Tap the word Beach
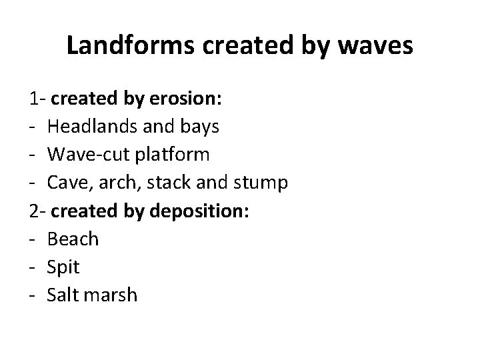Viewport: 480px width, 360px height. click(x=73, y=239)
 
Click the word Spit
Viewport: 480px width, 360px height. click(x=63, y=267)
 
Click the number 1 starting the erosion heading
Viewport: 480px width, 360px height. click(x=34, y=99)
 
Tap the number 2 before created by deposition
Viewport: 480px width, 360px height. click(x=34, y=211)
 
